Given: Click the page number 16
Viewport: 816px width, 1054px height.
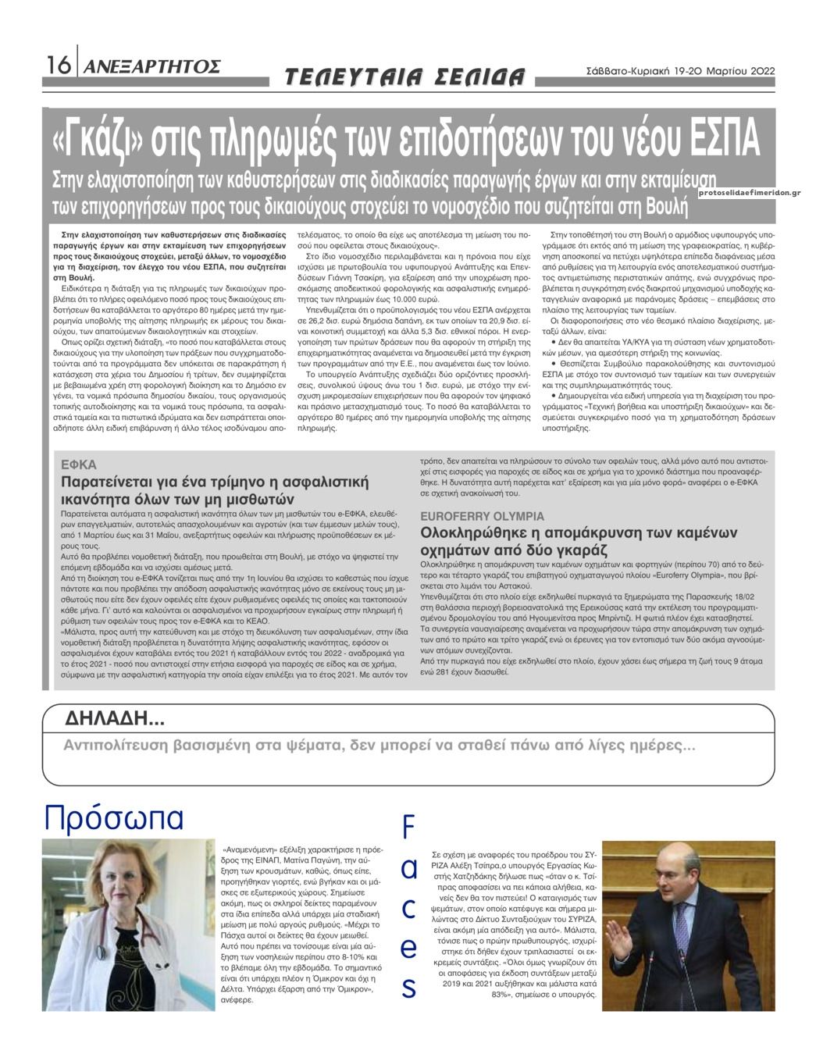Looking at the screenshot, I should tap(57, 66).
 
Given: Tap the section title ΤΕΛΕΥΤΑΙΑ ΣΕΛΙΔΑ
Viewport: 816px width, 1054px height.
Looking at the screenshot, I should tap(404, 77).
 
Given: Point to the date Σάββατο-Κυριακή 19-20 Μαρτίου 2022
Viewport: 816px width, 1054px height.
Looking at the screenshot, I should tap(679, 70).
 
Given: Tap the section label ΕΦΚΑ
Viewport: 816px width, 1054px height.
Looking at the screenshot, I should tap(79, 465).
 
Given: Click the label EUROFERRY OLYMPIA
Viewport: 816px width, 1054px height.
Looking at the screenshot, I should tap(482, 516).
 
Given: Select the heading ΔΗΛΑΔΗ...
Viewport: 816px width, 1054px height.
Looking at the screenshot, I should tap(114, 718).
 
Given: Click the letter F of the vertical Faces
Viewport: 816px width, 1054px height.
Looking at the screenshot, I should tap(408, 828).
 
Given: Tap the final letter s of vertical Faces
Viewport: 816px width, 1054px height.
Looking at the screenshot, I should tap(408, 988).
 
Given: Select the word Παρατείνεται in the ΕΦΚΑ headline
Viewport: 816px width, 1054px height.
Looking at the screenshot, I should tap(106, 482).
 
